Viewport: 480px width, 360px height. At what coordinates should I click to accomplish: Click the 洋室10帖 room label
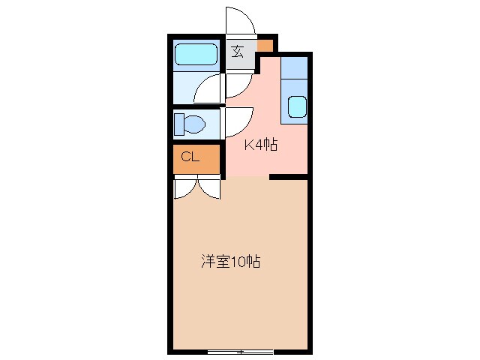pos(230,262)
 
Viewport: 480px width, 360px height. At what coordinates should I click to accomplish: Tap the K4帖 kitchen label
pos(261,145)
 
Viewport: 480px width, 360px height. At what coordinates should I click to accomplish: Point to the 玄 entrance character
pos(237,52)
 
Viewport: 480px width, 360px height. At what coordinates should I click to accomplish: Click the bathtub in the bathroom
pos(196,55)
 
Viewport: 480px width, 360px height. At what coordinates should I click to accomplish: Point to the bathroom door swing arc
pos(209,88)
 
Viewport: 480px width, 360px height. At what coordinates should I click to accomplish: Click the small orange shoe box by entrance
pos(265,45)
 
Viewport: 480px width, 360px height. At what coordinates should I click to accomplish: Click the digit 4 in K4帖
pos(261,145)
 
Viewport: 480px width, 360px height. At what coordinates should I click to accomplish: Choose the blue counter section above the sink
pos(295,69)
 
